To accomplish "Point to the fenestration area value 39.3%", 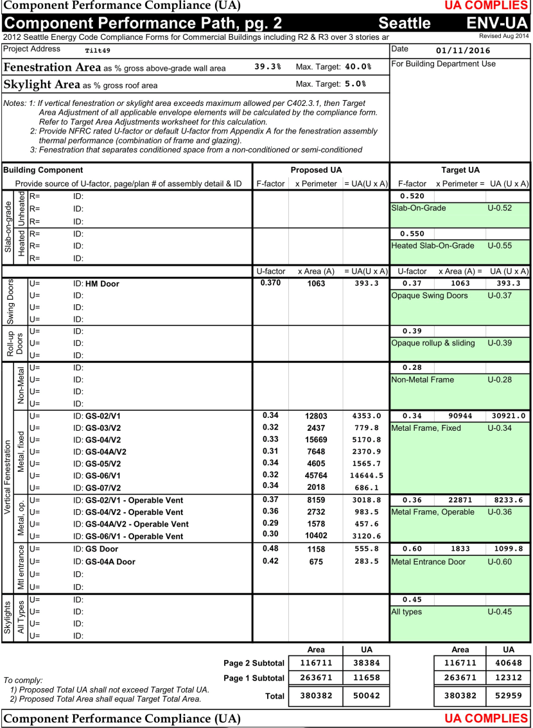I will [x=268, y=67].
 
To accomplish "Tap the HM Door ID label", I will [x=102, y=284].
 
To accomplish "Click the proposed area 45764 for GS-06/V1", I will [x=316, y=476].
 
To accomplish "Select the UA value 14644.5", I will [x=368, y=476].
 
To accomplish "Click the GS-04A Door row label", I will [x=110, y=562].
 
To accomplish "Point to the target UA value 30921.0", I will [x=509, y=416].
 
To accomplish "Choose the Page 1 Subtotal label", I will [x=254, y=678].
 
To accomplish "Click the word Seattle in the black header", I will [x=405, y=23].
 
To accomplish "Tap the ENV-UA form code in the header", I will [x=498, y=23].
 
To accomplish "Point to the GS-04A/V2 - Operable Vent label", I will [x=137, y=524].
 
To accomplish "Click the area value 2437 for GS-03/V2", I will [x=316, y=428].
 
